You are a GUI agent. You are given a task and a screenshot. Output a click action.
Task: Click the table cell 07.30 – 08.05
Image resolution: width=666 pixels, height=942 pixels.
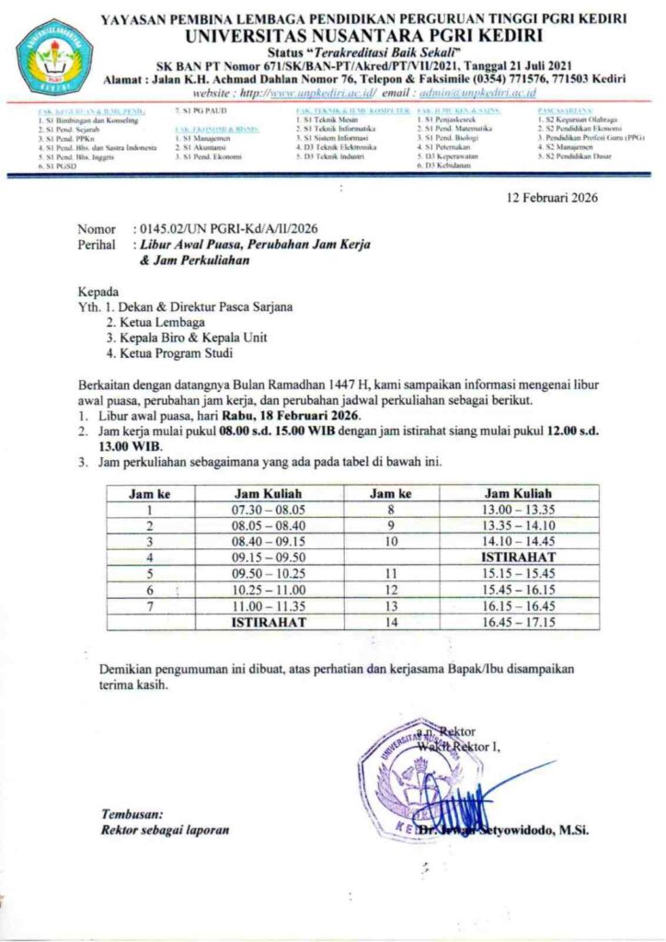coord(269,509)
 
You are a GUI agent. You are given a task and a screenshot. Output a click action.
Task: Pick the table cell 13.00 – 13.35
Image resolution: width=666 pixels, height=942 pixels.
coord(518,509)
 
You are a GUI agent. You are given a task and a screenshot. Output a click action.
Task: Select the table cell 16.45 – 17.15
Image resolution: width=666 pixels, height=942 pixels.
coord(518,622)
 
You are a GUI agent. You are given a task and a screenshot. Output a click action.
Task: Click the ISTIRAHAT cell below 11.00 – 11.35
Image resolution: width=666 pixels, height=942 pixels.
coord(269,622)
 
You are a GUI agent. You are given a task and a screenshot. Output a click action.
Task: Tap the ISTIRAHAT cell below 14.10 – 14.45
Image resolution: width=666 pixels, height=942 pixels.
coord(518,557)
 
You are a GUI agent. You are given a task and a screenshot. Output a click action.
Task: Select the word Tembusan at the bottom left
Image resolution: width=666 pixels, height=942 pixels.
coord(132,813)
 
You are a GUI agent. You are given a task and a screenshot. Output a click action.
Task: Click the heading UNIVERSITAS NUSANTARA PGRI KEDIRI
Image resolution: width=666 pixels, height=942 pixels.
coord(364,35)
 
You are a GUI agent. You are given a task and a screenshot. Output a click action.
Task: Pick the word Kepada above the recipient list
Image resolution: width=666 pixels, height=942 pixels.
coord(98,292)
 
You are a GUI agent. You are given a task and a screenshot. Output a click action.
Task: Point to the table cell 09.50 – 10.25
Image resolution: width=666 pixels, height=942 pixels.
coord(269,573)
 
